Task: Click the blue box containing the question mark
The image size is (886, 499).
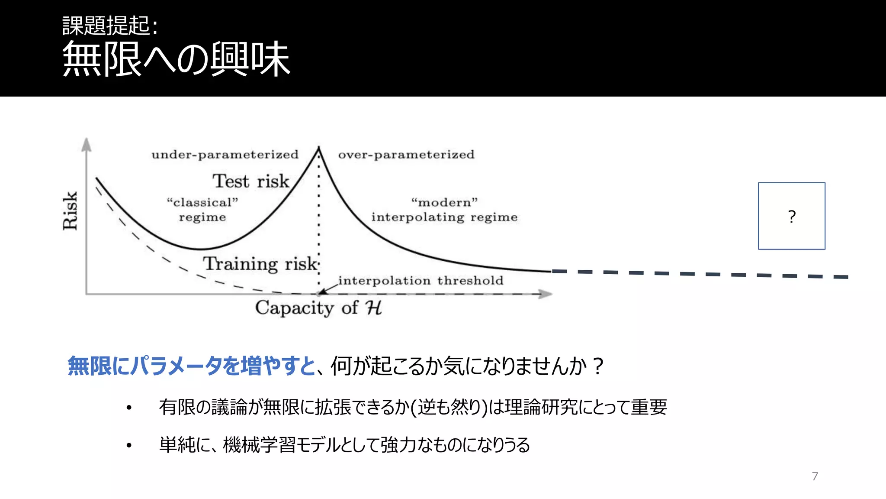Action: (791, 216)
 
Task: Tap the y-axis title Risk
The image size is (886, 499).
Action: (70, 211)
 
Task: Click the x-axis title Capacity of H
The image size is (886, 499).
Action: (318, 308)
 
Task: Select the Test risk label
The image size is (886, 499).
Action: (250, 181)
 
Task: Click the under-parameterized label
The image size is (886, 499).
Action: (225, 155)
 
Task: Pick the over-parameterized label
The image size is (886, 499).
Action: (406, 155)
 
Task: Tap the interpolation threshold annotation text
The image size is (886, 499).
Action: (421, 281)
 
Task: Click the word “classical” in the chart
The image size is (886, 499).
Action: (202, 202)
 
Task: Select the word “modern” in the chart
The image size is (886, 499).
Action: (444, 202)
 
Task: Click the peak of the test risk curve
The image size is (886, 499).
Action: (319, 148)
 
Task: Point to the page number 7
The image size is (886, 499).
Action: (815, 476)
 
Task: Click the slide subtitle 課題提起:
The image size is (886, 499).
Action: (110, 26)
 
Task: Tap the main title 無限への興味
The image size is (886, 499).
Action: (176, 59)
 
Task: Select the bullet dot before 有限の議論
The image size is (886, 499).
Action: (129, 408)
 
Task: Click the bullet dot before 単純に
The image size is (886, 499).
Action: (129, 445)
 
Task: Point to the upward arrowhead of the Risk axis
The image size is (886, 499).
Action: (87, 144)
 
